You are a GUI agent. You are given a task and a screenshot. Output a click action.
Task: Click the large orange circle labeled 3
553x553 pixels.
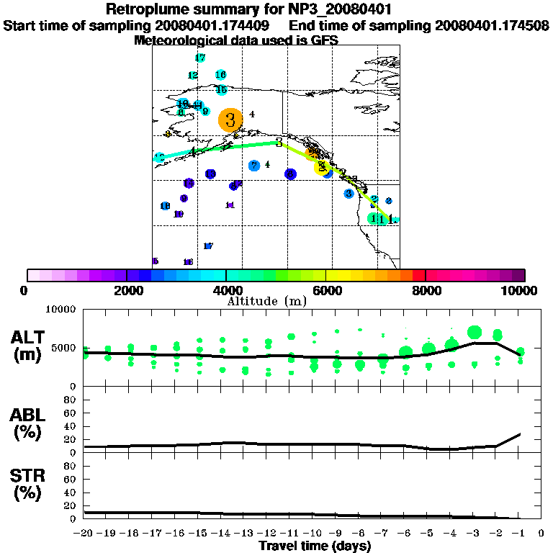[x=230, y=120]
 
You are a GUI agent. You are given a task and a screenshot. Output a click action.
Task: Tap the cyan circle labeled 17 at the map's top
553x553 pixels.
[x=200, y=58]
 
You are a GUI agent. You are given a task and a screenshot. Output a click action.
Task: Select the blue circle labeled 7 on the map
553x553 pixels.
[x=254, y=166]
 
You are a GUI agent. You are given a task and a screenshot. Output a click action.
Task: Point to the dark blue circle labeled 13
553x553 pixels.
[x=210, y=174]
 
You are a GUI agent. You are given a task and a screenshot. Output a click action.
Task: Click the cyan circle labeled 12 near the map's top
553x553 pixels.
[x=192, y=75]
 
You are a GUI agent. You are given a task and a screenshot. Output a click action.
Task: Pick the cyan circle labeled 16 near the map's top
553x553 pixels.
[x=221, y=75]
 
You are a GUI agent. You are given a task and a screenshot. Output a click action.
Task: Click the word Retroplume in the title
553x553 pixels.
[x=147, y=9]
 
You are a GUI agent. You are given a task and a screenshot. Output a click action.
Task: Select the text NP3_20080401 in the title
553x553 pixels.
[x=345, y=9]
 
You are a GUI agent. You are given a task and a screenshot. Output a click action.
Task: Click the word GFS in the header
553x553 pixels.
[x=324, y=40]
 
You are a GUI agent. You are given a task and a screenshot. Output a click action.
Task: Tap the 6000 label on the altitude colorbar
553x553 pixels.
[x=326, y=291]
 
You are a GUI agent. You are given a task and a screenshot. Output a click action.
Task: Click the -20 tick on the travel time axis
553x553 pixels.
[x=84, y=534]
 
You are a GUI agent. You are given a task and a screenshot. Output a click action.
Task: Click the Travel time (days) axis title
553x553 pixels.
[x=315, y=547]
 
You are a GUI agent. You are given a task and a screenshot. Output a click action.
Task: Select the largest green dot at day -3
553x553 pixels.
[x=474, y=332]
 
